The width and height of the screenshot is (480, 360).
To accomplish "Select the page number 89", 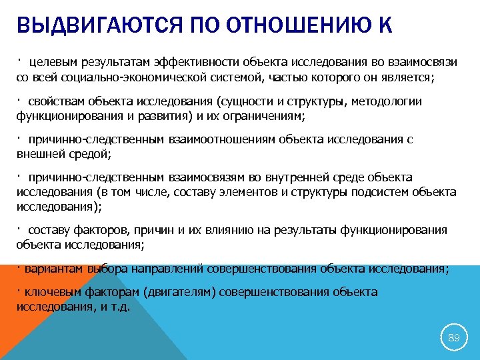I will (x=453, y=338).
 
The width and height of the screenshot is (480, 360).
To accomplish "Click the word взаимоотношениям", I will (x=219, y=139).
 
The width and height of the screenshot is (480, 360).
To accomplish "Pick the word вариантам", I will (x=46, y=269).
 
